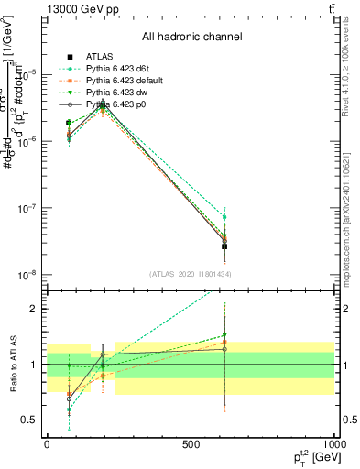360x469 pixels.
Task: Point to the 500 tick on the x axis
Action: click(191, 443)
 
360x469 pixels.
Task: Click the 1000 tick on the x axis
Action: click(335, 443)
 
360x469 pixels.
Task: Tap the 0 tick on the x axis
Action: click(47, 443)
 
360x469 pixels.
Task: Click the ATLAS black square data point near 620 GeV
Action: click(224, 246)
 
